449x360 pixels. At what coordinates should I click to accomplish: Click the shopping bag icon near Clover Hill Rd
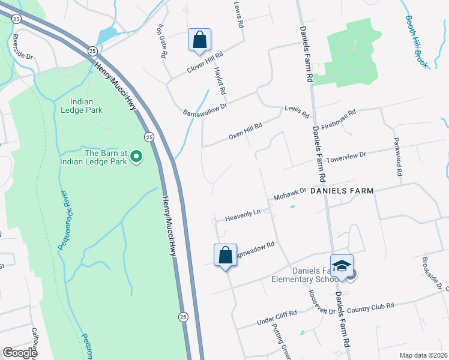pos(200,40)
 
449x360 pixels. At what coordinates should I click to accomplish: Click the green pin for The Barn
pos(136,157)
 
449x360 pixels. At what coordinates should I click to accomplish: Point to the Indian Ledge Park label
pos(82,106)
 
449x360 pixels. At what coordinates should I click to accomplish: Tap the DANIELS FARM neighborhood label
pos(342,191)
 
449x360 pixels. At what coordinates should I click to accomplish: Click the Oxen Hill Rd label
pos(246,132)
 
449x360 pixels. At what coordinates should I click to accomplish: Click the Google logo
pos(20,353)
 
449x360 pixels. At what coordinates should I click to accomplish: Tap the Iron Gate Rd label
pos(161,41)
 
